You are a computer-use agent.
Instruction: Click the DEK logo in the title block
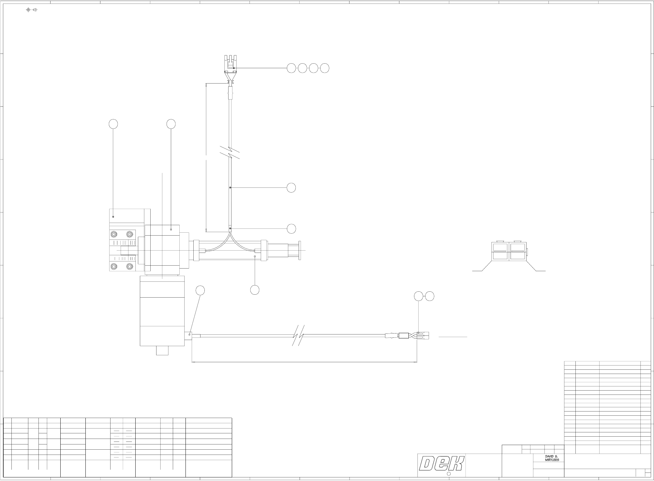[441, 464]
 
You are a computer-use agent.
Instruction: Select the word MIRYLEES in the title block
[552, 459]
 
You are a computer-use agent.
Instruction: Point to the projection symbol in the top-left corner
[32, 10]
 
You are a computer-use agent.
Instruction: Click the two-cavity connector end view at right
[509, 251]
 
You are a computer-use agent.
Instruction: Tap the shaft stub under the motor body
[162, 350]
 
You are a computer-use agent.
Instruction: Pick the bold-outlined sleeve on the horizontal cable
[404, 335]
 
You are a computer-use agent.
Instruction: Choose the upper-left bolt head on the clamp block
[114, 234]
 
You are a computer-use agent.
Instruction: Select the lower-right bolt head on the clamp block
[130, 267]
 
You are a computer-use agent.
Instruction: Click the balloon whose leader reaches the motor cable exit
[200, 290]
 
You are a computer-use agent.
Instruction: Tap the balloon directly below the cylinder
[255, 289]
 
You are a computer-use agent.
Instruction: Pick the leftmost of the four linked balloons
[291, 68]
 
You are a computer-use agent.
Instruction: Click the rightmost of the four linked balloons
[325, 68]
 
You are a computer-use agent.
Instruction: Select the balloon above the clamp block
[113, 124]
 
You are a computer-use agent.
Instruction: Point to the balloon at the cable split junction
[291, 229]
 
